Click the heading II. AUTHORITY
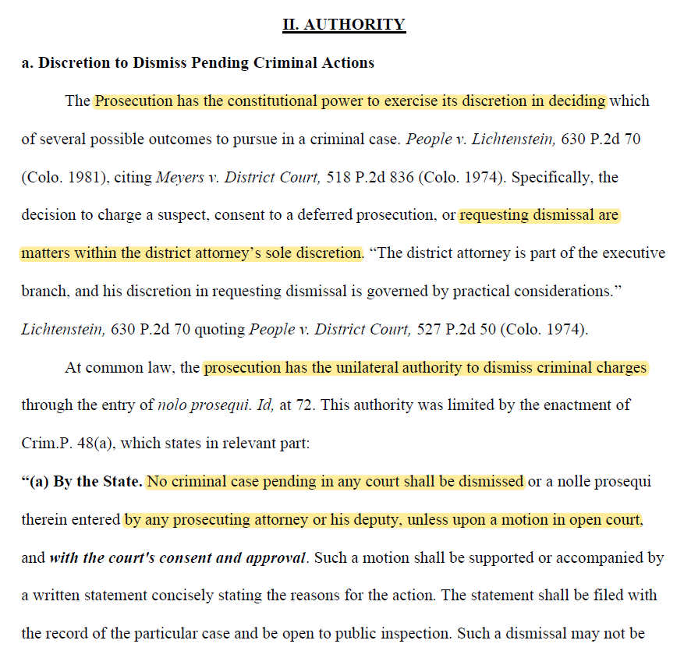point(343,24)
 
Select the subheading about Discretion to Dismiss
point(197,63)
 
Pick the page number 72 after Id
point(309,405)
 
